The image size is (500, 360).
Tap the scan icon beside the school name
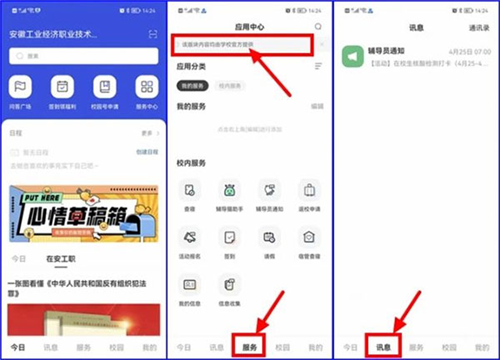coord(152,34)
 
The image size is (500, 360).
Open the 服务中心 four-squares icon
coord(146,86)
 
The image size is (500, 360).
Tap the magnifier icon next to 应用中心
coord(318,27)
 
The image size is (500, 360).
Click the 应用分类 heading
coord(194,66)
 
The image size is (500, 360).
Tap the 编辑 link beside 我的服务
coord(317,105)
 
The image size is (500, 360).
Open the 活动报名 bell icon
coord(190,237)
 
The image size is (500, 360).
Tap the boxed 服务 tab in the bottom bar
coord(249,346)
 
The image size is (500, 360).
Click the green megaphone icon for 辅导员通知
coord(351,56)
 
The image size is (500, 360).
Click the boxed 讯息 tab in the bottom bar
coord(380,346)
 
